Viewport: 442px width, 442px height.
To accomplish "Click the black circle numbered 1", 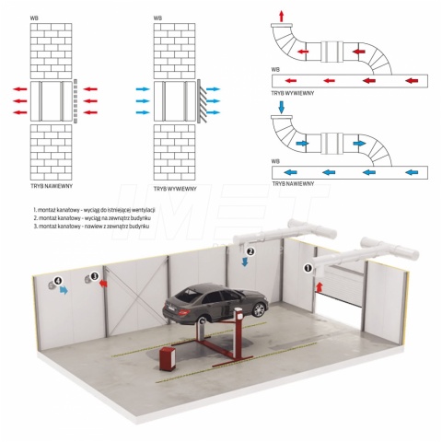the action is (308, 268).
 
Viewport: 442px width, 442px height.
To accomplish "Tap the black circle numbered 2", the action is (250, 251).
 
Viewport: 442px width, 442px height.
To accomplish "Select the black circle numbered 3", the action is (95, 276).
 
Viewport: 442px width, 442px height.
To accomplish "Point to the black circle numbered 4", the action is (58, 280).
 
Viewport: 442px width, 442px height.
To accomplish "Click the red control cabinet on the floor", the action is (167, 358).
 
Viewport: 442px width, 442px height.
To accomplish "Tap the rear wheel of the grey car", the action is (260, 309).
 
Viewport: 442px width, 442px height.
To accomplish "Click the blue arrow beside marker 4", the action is (64, 289).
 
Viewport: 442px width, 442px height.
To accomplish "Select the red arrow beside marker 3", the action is (103, 283).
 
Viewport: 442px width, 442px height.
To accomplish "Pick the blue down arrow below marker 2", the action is (245, 262).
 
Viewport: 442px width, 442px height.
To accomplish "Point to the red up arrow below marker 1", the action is (320, 287).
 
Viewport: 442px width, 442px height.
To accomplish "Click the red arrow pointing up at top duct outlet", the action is (281, 16).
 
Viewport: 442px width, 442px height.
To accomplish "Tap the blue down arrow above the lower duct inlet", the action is (281, 108).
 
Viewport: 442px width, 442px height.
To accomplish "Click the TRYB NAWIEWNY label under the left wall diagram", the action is (52, 186).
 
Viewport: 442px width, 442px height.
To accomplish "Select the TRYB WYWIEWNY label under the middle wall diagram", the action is (175, 189).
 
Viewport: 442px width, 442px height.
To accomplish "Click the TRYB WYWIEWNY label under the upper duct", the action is (293, 93).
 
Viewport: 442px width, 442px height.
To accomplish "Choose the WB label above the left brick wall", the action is (34, 18).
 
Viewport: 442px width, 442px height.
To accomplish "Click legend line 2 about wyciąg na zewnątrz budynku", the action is (92, 218).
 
